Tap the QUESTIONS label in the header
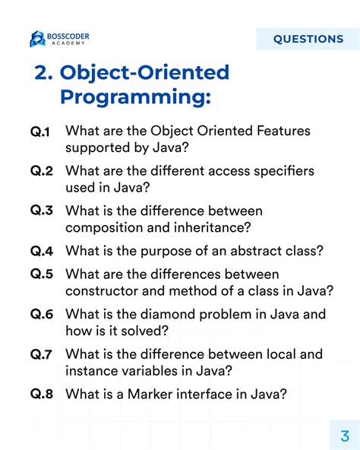(x=308, y=39)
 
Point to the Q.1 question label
(x=41, y=132)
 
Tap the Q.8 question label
(x=41, y=394)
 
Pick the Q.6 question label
(x=41, y=313)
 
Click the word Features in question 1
(x=281, y=131)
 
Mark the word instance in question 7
(x=91, y=371)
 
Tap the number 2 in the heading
(x=43, y=73)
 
